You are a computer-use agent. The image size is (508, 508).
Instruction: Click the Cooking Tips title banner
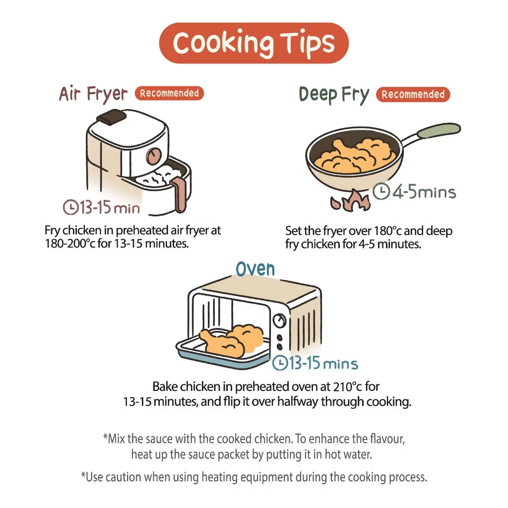[254, 43]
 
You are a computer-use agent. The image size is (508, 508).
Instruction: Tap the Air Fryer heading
[93, 94]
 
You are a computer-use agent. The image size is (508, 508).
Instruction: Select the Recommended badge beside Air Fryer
[169, 93]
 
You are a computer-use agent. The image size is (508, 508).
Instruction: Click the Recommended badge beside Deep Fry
[413, 95]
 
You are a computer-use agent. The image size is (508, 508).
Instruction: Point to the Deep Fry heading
[334, 95]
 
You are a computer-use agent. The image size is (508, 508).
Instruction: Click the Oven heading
[255, 269]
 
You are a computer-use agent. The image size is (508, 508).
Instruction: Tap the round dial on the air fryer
[154, 156]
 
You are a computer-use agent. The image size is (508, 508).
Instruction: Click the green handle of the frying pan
[439, 129]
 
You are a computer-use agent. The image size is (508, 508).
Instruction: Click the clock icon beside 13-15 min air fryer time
[70, 207]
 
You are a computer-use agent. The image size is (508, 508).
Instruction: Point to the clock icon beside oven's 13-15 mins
[280, 363]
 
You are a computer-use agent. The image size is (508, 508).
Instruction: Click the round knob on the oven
[279, 321]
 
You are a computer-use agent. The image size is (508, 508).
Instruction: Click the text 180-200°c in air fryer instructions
[70, 244]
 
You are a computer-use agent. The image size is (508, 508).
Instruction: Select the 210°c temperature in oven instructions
[346, 387]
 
